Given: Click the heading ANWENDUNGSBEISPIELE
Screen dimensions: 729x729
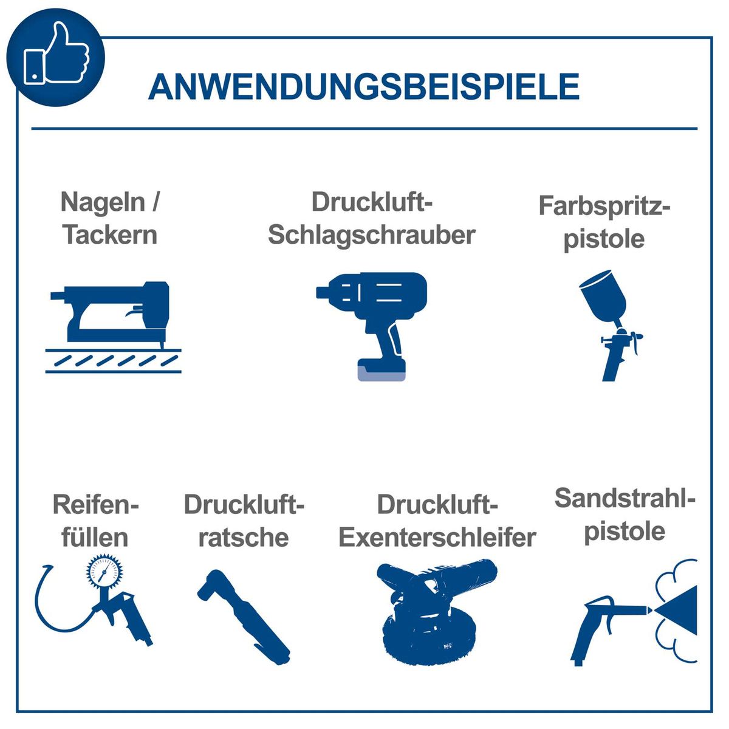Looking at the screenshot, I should coord(363,87).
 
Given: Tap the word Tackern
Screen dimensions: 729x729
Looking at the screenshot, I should coord(110,235).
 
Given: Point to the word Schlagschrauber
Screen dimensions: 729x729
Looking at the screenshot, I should coord(371,235).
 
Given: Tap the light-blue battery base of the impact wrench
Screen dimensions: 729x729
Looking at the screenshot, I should coord(382,372).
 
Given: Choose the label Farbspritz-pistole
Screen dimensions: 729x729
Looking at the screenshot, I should coord(604,222).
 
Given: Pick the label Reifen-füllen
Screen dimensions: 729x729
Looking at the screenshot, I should coord(95,521).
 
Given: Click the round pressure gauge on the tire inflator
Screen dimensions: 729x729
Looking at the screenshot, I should coord(104,573).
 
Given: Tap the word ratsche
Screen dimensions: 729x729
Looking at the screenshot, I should coord(243,538).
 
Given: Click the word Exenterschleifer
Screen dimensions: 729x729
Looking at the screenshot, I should coord(437,538).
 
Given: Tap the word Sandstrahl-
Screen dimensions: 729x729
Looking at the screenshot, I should coord(624,499).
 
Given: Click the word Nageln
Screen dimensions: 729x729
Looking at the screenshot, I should coord(103,202).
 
